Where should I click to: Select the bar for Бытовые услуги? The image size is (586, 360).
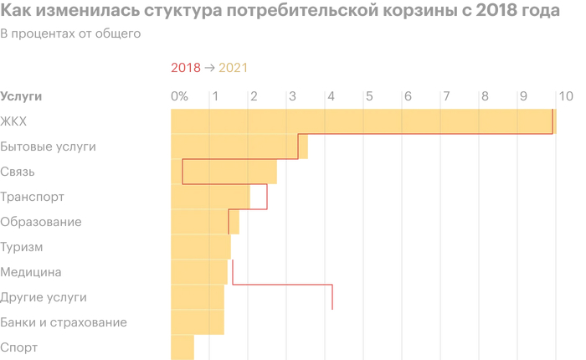[239, 147]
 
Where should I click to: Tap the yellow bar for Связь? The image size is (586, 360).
[224, 172]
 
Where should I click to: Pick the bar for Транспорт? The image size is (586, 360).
[210, 197]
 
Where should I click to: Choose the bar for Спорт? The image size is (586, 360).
[182, 347]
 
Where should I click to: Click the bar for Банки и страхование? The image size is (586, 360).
[197, 322]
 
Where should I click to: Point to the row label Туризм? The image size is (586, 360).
[22, 247]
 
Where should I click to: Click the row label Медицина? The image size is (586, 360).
[31, 272]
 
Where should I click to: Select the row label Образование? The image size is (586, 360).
[41, 222]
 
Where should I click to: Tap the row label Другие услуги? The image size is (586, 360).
[44, 297]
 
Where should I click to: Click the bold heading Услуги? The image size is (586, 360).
[22, 96]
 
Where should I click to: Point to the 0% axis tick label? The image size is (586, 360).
[179, 96]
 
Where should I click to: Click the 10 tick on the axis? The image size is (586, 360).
[565, 96]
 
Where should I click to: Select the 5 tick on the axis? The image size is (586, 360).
[369, 96]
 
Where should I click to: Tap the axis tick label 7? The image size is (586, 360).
[446, 96]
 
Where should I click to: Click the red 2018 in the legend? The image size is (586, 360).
[185, 69]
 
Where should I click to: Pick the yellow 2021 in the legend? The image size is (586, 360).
[233, 69]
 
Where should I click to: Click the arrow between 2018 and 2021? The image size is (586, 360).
[209, 69]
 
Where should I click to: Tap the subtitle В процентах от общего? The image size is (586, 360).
[70, 34]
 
